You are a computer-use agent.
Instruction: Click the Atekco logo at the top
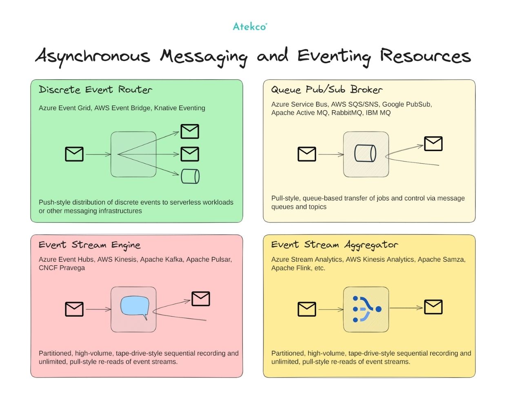pyautogui.click(x=250, y=27)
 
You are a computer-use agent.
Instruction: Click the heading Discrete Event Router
pyautogui.click(x=95, y=89)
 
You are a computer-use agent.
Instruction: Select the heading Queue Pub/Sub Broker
pyautogui.click(x=326, y=89)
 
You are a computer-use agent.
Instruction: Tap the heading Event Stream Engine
pyautogui.click(x=89, y=245)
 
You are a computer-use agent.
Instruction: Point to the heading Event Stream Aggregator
pyautogui.click(x=334, y=245)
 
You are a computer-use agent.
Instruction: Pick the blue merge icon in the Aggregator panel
pyautogui.click(x=366, y=309)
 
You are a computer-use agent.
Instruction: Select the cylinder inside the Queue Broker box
pyautogui.click(x=365, y=153)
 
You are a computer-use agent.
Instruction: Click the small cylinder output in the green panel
pyautogui.click(x=190, y=176)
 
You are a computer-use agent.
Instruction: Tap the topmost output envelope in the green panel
pyautogui.click(x=190, y=131)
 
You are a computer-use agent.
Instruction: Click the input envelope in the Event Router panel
pyautogui.click(x=74, y=154)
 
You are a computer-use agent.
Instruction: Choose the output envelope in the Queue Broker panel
pyautogui.click(x=433, y=144)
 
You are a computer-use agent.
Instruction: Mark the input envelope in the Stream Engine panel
pyautogui.click(x=74, y=309)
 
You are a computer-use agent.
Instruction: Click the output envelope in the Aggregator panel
pyautogui.click(x=433, y=307)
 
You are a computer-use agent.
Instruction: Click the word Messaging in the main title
pyautogui.click(x=204, y=56)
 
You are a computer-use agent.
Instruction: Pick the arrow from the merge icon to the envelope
pyautogui.click(x=406, y=308)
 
